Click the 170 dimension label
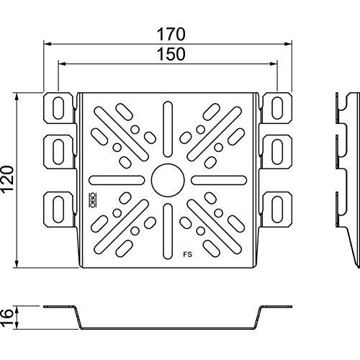pos(171,35)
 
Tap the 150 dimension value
pos(171,54)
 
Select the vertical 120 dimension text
pos(6,179)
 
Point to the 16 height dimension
pos(6,318)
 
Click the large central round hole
pos(168,180)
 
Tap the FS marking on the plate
pos(188,254)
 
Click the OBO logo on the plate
pos(91,200)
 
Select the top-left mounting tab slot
pos(58,108)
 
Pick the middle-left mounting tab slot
pos(58,152)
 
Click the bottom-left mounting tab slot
pos(58,210)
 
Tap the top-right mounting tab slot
pos(277,108)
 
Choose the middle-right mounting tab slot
pos(277,152)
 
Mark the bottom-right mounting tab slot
pos(277,210)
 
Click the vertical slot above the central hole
pos(168,130)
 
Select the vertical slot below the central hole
pos(168,231)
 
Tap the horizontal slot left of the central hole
pos(117,180)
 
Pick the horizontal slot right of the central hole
pos(219,180)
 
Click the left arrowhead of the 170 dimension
pos(48,44)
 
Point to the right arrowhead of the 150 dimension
pos(274,64)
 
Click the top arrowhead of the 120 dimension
pos(17,96)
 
